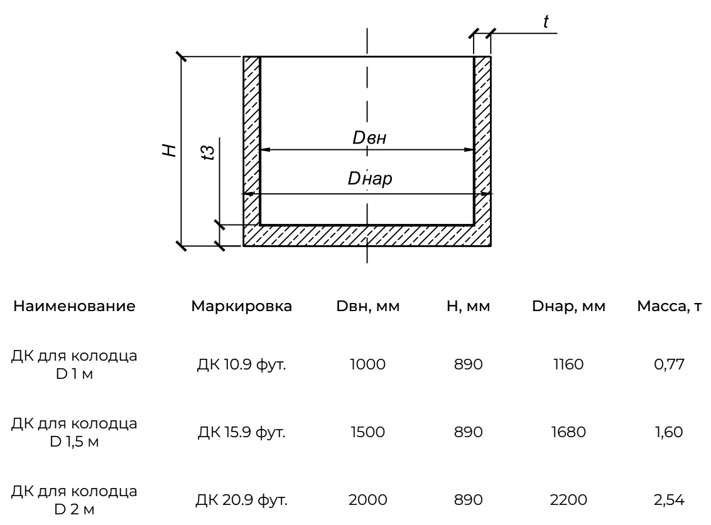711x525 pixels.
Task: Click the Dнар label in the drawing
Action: pyautogui.click(x=370, y=180)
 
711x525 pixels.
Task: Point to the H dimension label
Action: pyautogui.click(x=168, y=150)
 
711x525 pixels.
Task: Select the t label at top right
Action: pyautogui.click(x=546, y=23)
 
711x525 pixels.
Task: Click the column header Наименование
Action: pyautogui.click(x=74, y=307)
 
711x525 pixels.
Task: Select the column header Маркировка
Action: pyautogui.click(x=242, y=307)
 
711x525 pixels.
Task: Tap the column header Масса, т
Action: pyautogui.click(x=668, y=307)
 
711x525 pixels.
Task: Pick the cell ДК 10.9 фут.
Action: pyautogui.click(x=242, y=364)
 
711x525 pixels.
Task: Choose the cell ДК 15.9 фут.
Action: pyautogui.click(x=242, y=432)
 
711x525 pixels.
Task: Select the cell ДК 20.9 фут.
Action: pyautogui.click(x=242, y=500)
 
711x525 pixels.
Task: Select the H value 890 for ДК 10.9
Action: pyautogui.click(x=468, y=364)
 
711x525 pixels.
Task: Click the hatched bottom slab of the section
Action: pyautogui.click(x=367, y=235)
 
